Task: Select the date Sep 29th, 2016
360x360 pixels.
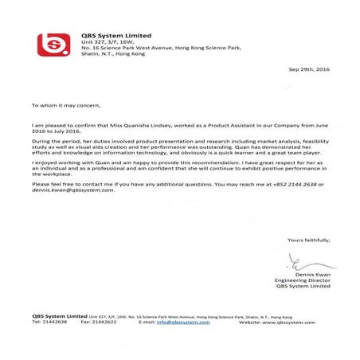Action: pyautogui.click(x=309, y=71)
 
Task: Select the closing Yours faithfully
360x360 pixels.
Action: pyautogui.click(x=307, y=240)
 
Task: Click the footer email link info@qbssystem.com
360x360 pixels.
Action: pyautogui.click(x=183, y=323)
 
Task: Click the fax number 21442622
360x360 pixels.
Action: pyautogui.click(x=104, y=323)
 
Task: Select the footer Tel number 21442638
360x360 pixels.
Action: pyautogui.click(x=54, y=323)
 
